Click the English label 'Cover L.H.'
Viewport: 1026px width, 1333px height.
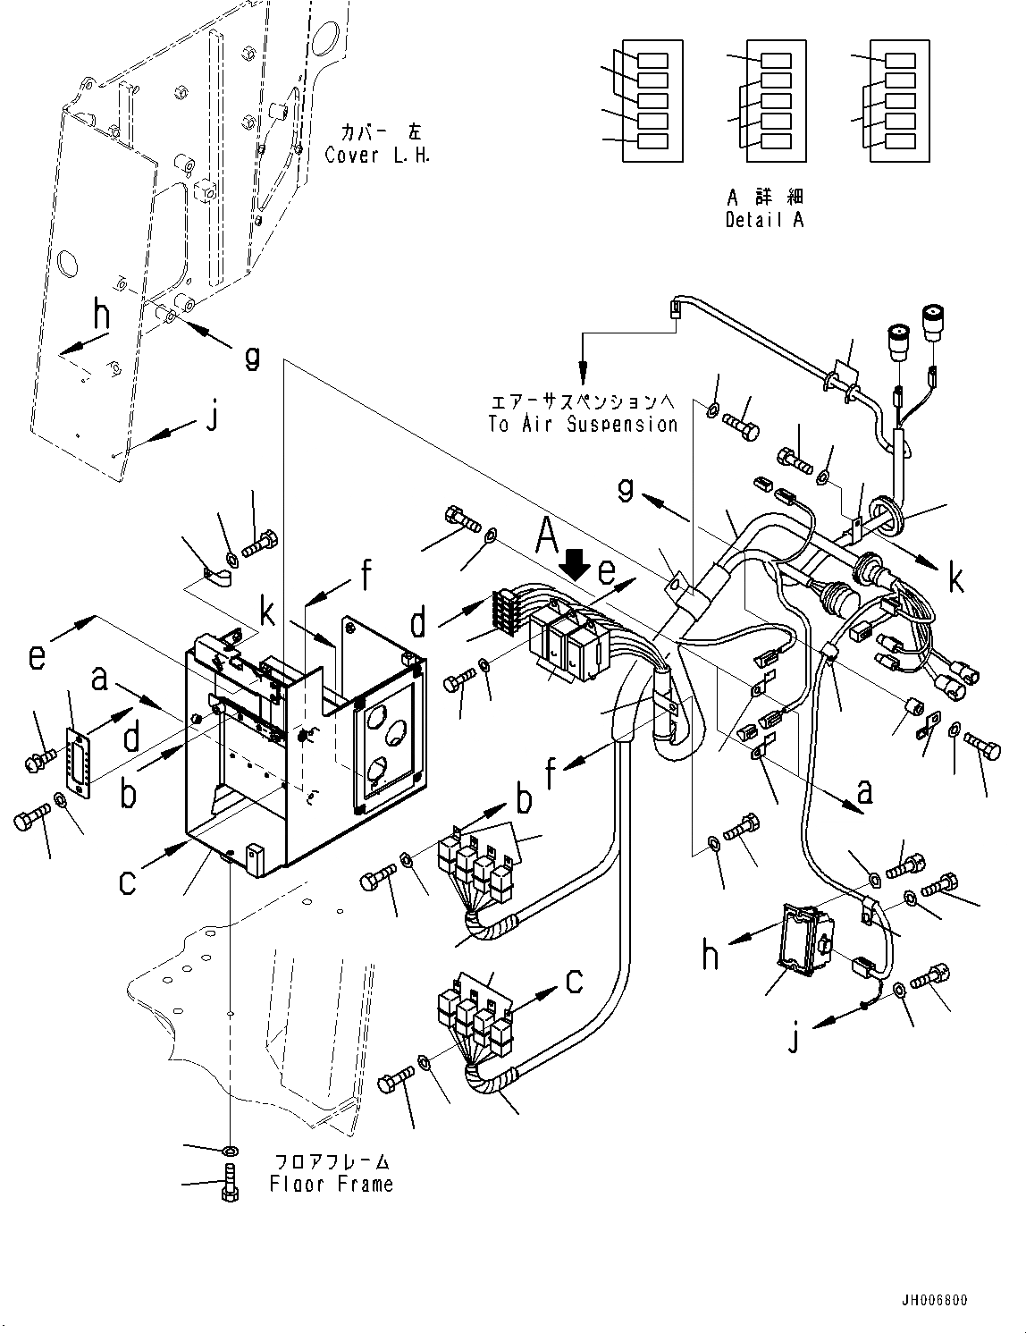(x=377, y=155)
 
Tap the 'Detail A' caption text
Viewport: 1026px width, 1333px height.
(x=764, y=219)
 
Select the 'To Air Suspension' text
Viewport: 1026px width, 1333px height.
(x=583, y=424)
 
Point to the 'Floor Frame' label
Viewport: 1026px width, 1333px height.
(x=331, y=1184)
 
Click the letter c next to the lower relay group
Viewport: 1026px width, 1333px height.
(x=574, y=981)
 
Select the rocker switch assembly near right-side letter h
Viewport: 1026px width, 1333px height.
(x=804, y=936)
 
